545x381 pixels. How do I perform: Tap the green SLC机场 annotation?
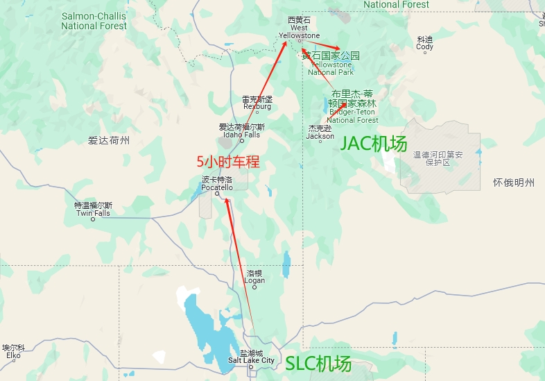click(319, 363)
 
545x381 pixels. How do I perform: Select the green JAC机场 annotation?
click(373, 144)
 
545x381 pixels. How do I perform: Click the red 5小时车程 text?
click(228, 162)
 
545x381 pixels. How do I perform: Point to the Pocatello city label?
click(217, 184)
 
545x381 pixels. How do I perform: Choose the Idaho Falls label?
click(241, 130)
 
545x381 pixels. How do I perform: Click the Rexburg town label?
click(257, 103)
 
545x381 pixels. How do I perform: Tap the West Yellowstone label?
click(300, 31)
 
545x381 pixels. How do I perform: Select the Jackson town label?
click(320, 133)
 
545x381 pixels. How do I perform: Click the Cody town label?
click(424, 44)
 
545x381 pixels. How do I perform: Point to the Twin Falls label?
click(93, 210)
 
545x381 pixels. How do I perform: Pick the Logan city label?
click(254, 277)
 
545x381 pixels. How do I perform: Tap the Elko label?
click(13, 352)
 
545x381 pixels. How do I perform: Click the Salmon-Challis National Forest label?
click(94, 21)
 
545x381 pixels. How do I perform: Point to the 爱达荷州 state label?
click(109, 141)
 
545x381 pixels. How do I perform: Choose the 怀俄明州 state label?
click(514, 183)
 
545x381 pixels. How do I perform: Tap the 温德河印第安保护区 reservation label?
click(438, 158)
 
